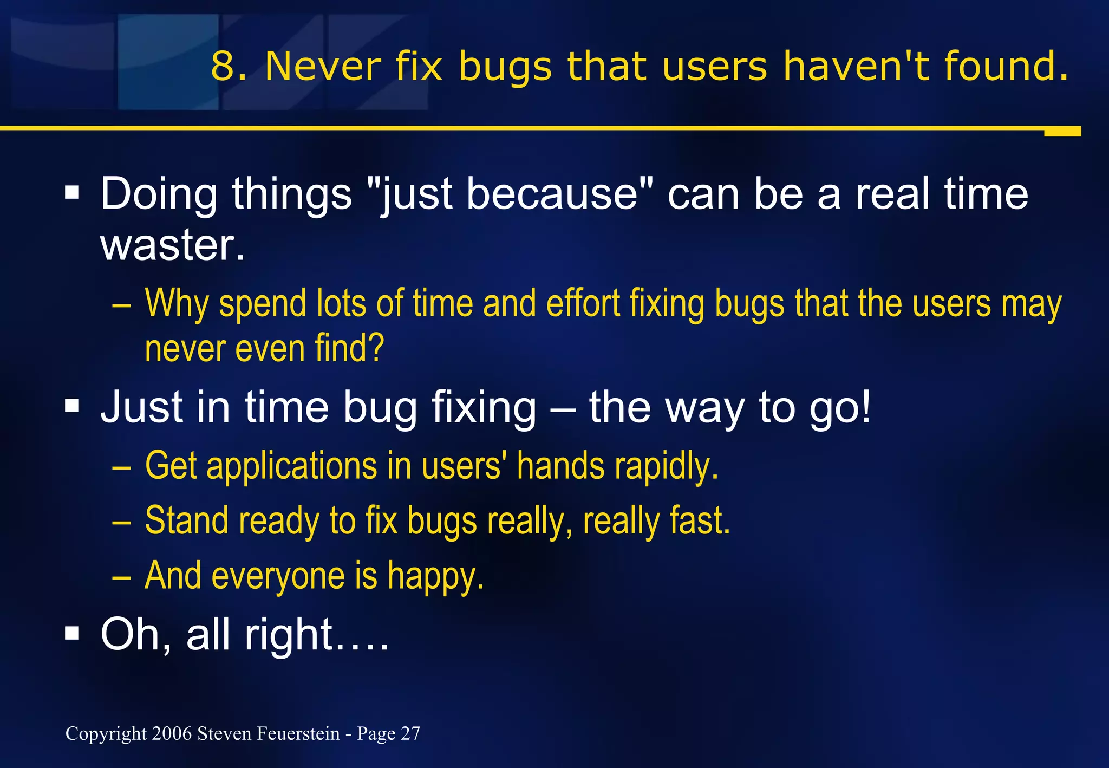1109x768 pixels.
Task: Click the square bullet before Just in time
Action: pos(72,406)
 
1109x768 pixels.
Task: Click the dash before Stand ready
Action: pos(121,522)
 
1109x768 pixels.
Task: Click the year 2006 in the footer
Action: pos(172,733)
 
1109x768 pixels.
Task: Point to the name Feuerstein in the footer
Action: pos(298,733)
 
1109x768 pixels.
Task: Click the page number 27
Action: pos(410,733)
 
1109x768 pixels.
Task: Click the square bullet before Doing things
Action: pos(72,192)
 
